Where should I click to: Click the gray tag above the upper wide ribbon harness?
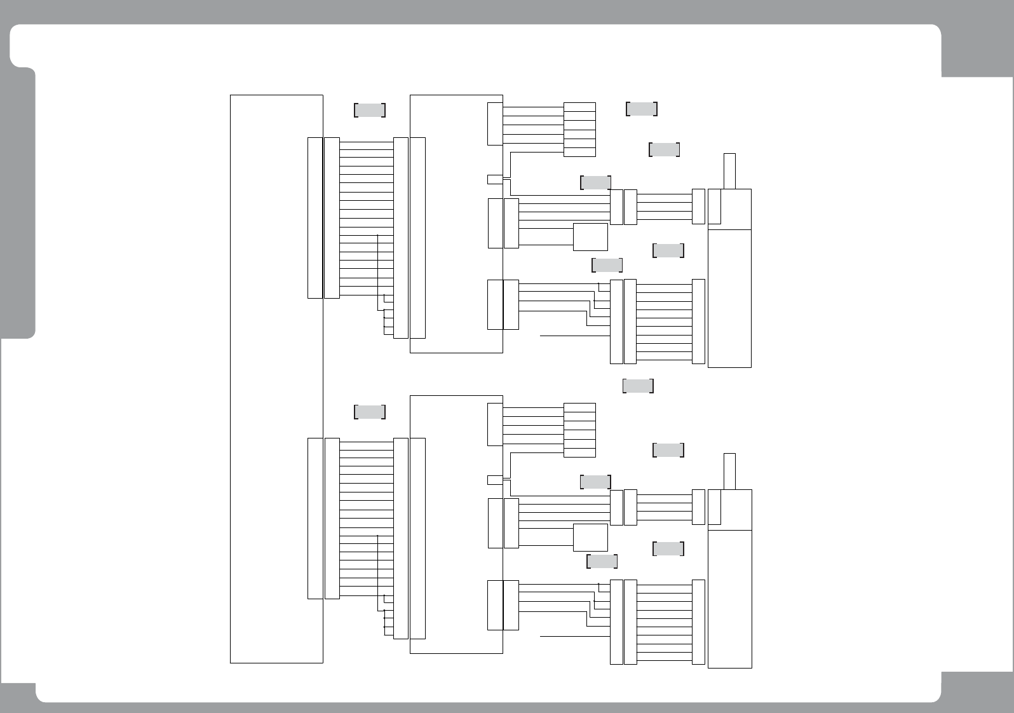[370, 110]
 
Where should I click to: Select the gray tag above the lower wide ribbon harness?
[370, 412]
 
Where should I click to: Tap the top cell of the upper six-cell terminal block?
[579, 107]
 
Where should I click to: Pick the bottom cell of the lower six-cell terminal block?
[579, 452]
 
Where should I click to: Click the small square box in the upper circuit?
[590, 237]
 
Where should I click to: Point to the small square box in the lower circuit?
[590, 538]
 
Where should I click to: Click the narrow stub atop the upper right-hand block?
[729, 171]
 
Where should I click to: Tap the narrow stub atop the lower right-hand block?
[729, 471]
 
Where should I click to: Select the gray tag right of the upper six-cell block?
[642, 109]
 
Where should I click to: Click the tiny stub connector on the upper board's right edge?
[495, 179]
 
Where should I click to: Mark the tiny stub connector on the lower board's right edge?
[495, 480]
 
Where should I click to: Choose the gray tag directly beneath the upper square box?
[607, 265]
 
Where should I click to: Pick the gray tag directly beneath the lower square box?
[602, 561]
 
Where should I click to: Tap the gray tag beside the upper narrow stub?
[665, 150]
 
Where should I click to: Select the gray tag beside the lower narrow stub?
[668, 450]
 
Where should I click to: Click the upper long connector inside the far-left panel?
[315, 217]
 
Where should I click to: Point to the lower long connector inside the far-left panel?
[315, 518]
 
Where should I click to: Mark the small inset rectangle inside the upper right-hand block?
[714, 207]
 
